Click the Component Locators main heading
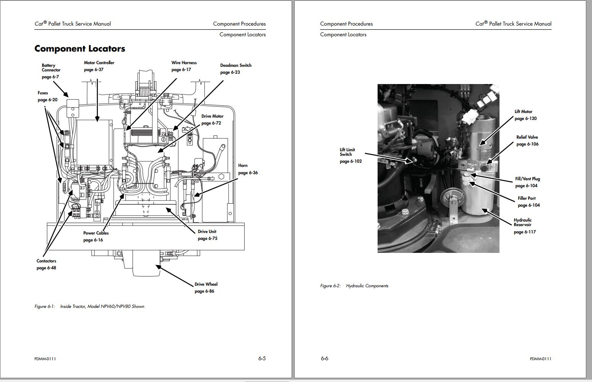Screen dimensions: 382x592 pyautogui.click(x=79, y=49)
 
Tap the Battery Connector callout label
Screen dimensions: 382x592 pyautogui.click(x=51, y=70)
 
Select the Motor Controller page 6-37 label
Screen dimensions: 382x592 pyautogui.click(x=99, y=66)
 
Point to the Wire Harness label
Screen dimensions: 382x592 pyautogui.click(x=184, y=66)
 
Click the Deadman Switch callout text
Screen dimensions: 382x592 pyautogui.click(x=235, y=68)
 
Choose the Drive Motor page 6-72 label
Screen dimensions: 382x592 pyautogui.click(x=212, y=119)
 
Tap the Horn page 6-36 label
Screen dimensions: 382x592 pyautogui.click(x=247, y=169)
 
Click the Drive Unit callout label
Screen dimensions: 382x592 pyautogui.click(x=207, y=235)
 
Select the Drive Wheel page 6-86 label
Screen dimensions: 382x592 pyautogui.click(x=206, y=287)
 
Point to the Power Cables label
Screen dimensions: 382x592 pyautogui.click(x=96, y=236)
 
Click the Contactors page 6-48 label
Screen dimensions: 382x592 pyautogui.click(x=46, y=264)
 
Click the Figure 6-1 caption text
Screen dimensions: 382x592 pyautogui.click(x=89, y=306)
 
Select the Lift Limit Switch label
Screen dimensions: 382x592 pyautogui.click(x=348, y=155)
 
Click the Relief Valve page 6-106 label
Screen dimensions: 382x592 pyautogui.click(x=527, y=140)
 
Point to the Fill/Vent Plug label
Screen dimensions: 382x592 pyautogui.click(x=527, y=182)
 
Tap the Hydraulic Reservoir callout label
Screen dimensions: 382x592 pyautogui.click(x=523, y=225)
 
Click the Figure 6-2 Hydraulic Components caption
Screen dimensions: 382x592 pyautogui.click(x=354, y=286)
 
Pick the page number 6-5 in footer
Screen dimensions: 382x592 pyautogui.click(x=262, y=358)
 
